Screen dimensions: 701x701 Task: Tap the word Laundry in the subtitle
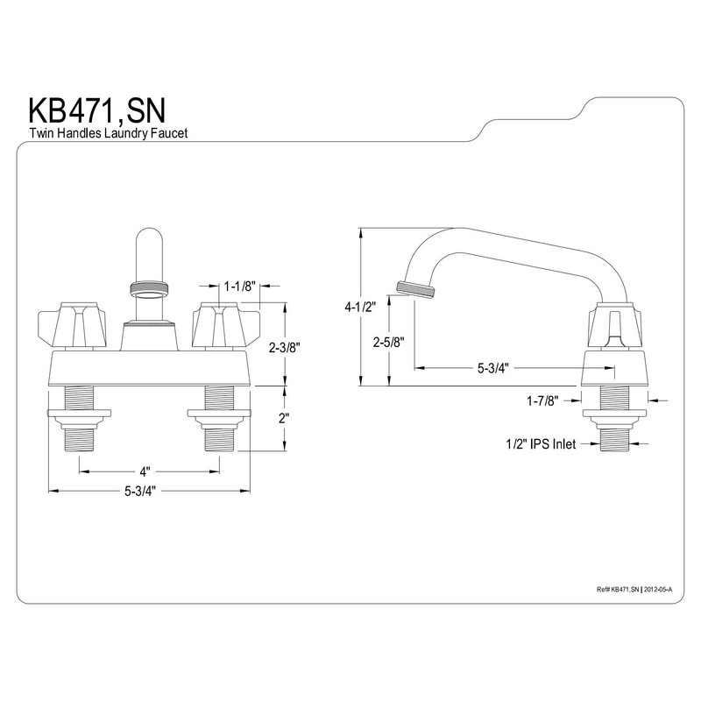[x=121, y=134]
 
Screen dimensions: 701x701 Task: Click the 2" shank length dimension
[x=284, y=418]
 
